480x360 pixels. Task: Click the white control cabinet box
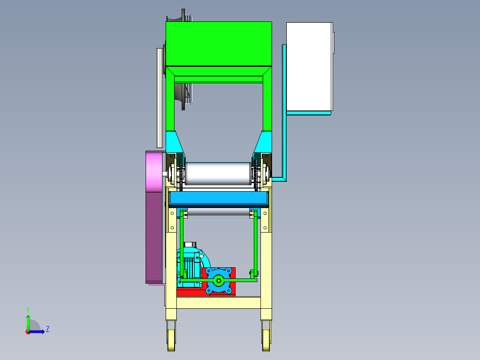309,66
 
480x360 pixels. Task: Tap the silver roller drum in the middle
218,174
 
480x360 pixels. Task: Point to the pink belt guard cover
154,172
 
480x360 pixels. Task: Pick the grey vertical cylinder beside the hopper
159,98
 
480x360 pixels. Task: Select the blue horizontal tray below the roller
219,198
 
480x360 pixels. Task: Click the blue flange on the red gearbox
219,280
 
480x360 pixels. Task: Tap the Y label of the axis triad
28,310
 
